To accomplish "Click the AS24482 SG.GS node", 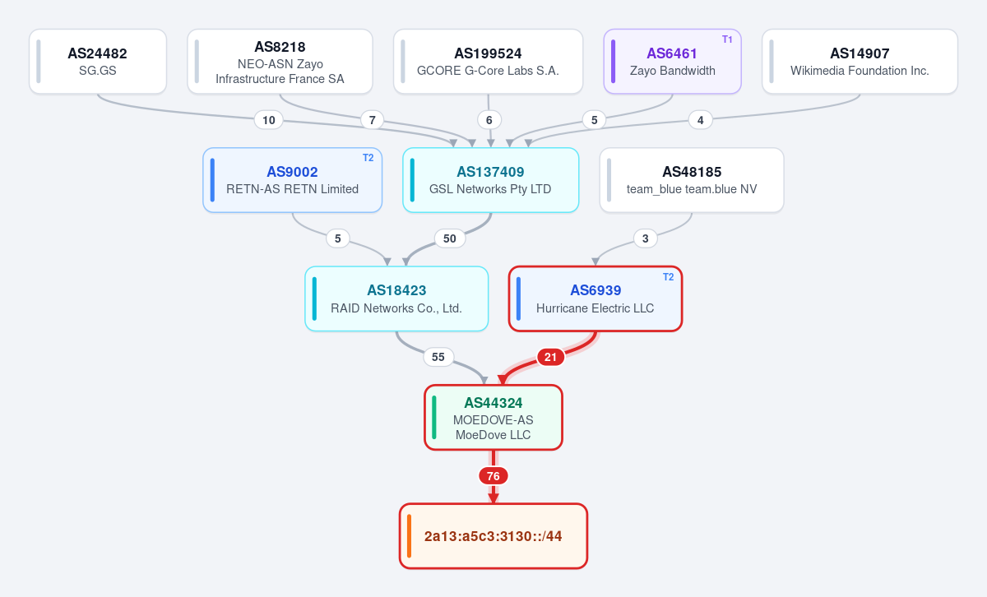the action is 98,61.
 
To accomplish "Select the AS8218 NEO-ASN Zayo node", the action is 280,61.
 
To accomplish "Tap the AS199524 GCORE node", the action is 489,61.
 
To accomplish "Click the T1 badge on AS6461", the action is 727,39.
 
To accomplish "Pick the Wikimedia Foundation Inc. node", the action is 860,61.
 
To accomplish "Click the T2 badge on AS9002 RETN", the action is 368,158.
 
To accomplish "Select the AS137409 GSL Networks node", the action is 490,180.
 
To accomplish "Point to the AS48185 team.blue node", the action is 692,180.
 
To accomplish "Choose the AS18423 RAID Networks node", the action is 396,298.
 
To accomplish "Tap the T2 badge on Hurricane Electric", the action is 668,276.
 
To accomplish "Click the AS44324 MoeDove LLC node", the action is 493,417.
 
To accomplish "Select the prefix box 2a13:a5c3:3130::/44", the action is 493,536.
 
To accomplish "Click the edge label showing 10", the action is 269,120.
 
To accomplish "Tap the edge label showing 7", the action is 373,120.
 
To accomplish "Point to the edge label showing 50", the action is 449,238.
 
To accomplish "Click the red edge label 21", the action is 550,357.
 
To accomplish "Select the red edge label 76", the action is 493,476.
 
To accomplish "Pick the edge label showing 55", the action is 438,357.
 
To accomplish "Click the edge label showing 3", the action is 646,238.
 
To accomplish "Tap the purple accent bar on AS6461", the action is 614,61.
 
